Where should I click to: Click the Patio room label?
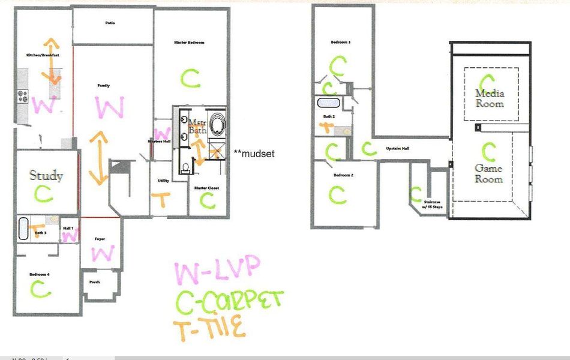[110, 23]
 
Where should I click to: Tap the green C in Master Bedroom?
[190, 77]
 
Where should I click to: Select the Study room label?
[46, 176]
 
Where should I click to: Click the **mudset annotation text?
[254, 154]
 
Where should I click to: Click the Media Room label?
[490, 98]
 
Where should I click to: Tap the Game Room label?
[488, 173]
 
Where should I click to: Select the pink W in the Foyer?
[103, 253]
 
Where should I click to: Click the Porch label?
[94, 282]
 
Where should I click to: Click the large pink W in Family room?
[109, 108]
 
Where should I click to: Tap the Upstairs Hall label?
[397, 147]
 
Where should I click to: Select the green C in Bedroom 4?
[41, 289]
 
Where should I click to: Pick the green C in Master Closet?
[208, 200]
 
